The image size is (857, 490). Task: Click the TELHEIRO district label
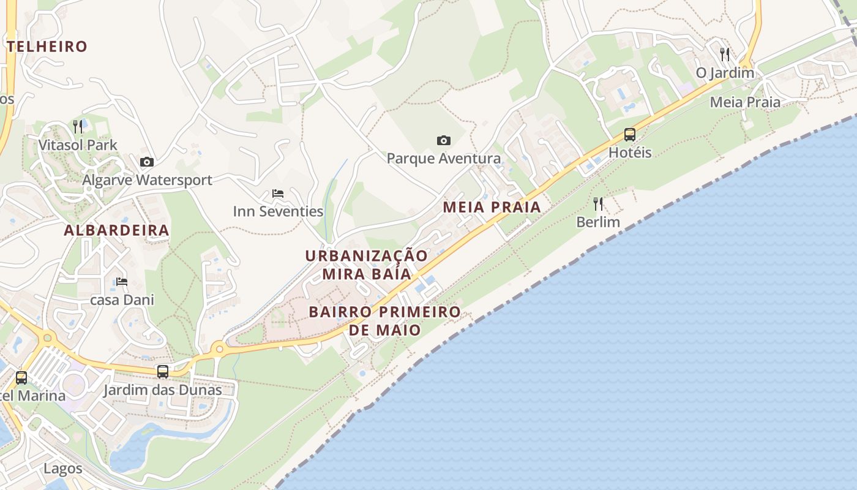[47, 47]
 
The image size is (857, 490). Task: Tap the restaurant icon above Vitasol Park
[78, 127]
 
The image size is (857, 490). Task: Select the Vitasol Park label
[78, 145]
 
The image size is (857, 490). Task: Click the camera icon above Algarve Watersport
[147, 162]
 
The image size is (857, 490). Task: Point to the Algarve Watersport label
[147, 180]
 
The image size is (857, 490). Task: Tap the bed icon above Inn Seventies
[278, 194]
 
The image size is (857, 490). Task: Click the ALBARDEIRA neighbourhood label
[116, 231]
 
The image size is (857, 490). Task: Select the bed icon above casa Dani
[122, 282]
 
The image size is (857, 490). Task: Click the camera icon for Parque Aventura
[444, 141]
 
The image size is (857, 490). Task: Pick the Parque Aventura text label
[444, 159]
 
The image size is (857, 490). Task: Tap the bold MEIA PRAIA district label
[492, 207]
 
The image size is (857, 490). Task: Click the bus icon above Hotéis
[630, 135]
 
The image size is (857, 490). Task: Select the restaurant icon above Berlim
[598, 204]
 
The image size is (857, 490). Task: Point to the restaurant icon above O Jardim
[725, 55]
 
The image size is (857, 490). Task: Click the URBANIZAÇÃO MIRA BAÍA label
[367, 265]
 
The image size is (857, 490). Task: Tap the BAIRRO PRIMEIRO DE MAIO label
[384, 320]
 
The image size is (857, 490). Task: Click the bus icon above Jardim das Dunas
[163, 372]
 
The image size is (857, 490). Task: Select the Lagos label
[62, 469]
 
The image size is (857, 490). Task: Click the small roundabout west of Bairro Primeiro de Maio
[219, 350]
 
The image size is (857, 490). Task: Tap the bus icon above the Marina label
[21, 378]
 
